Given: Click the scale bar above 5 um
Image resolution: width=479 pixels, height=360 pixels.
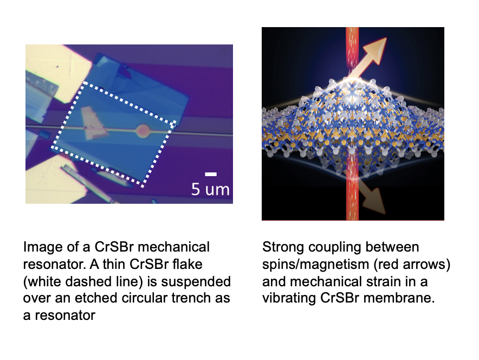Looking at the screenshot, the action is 211,174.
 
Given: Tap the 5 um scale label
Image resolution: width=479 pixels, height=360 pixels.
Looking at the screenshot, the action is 210,189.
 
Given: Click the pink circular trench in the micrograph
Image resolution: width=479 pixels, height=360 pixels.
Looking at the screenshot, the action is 143,131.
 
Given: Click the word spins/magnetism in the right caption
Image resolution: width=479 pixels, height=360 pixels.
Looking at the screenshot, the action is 315,265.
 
